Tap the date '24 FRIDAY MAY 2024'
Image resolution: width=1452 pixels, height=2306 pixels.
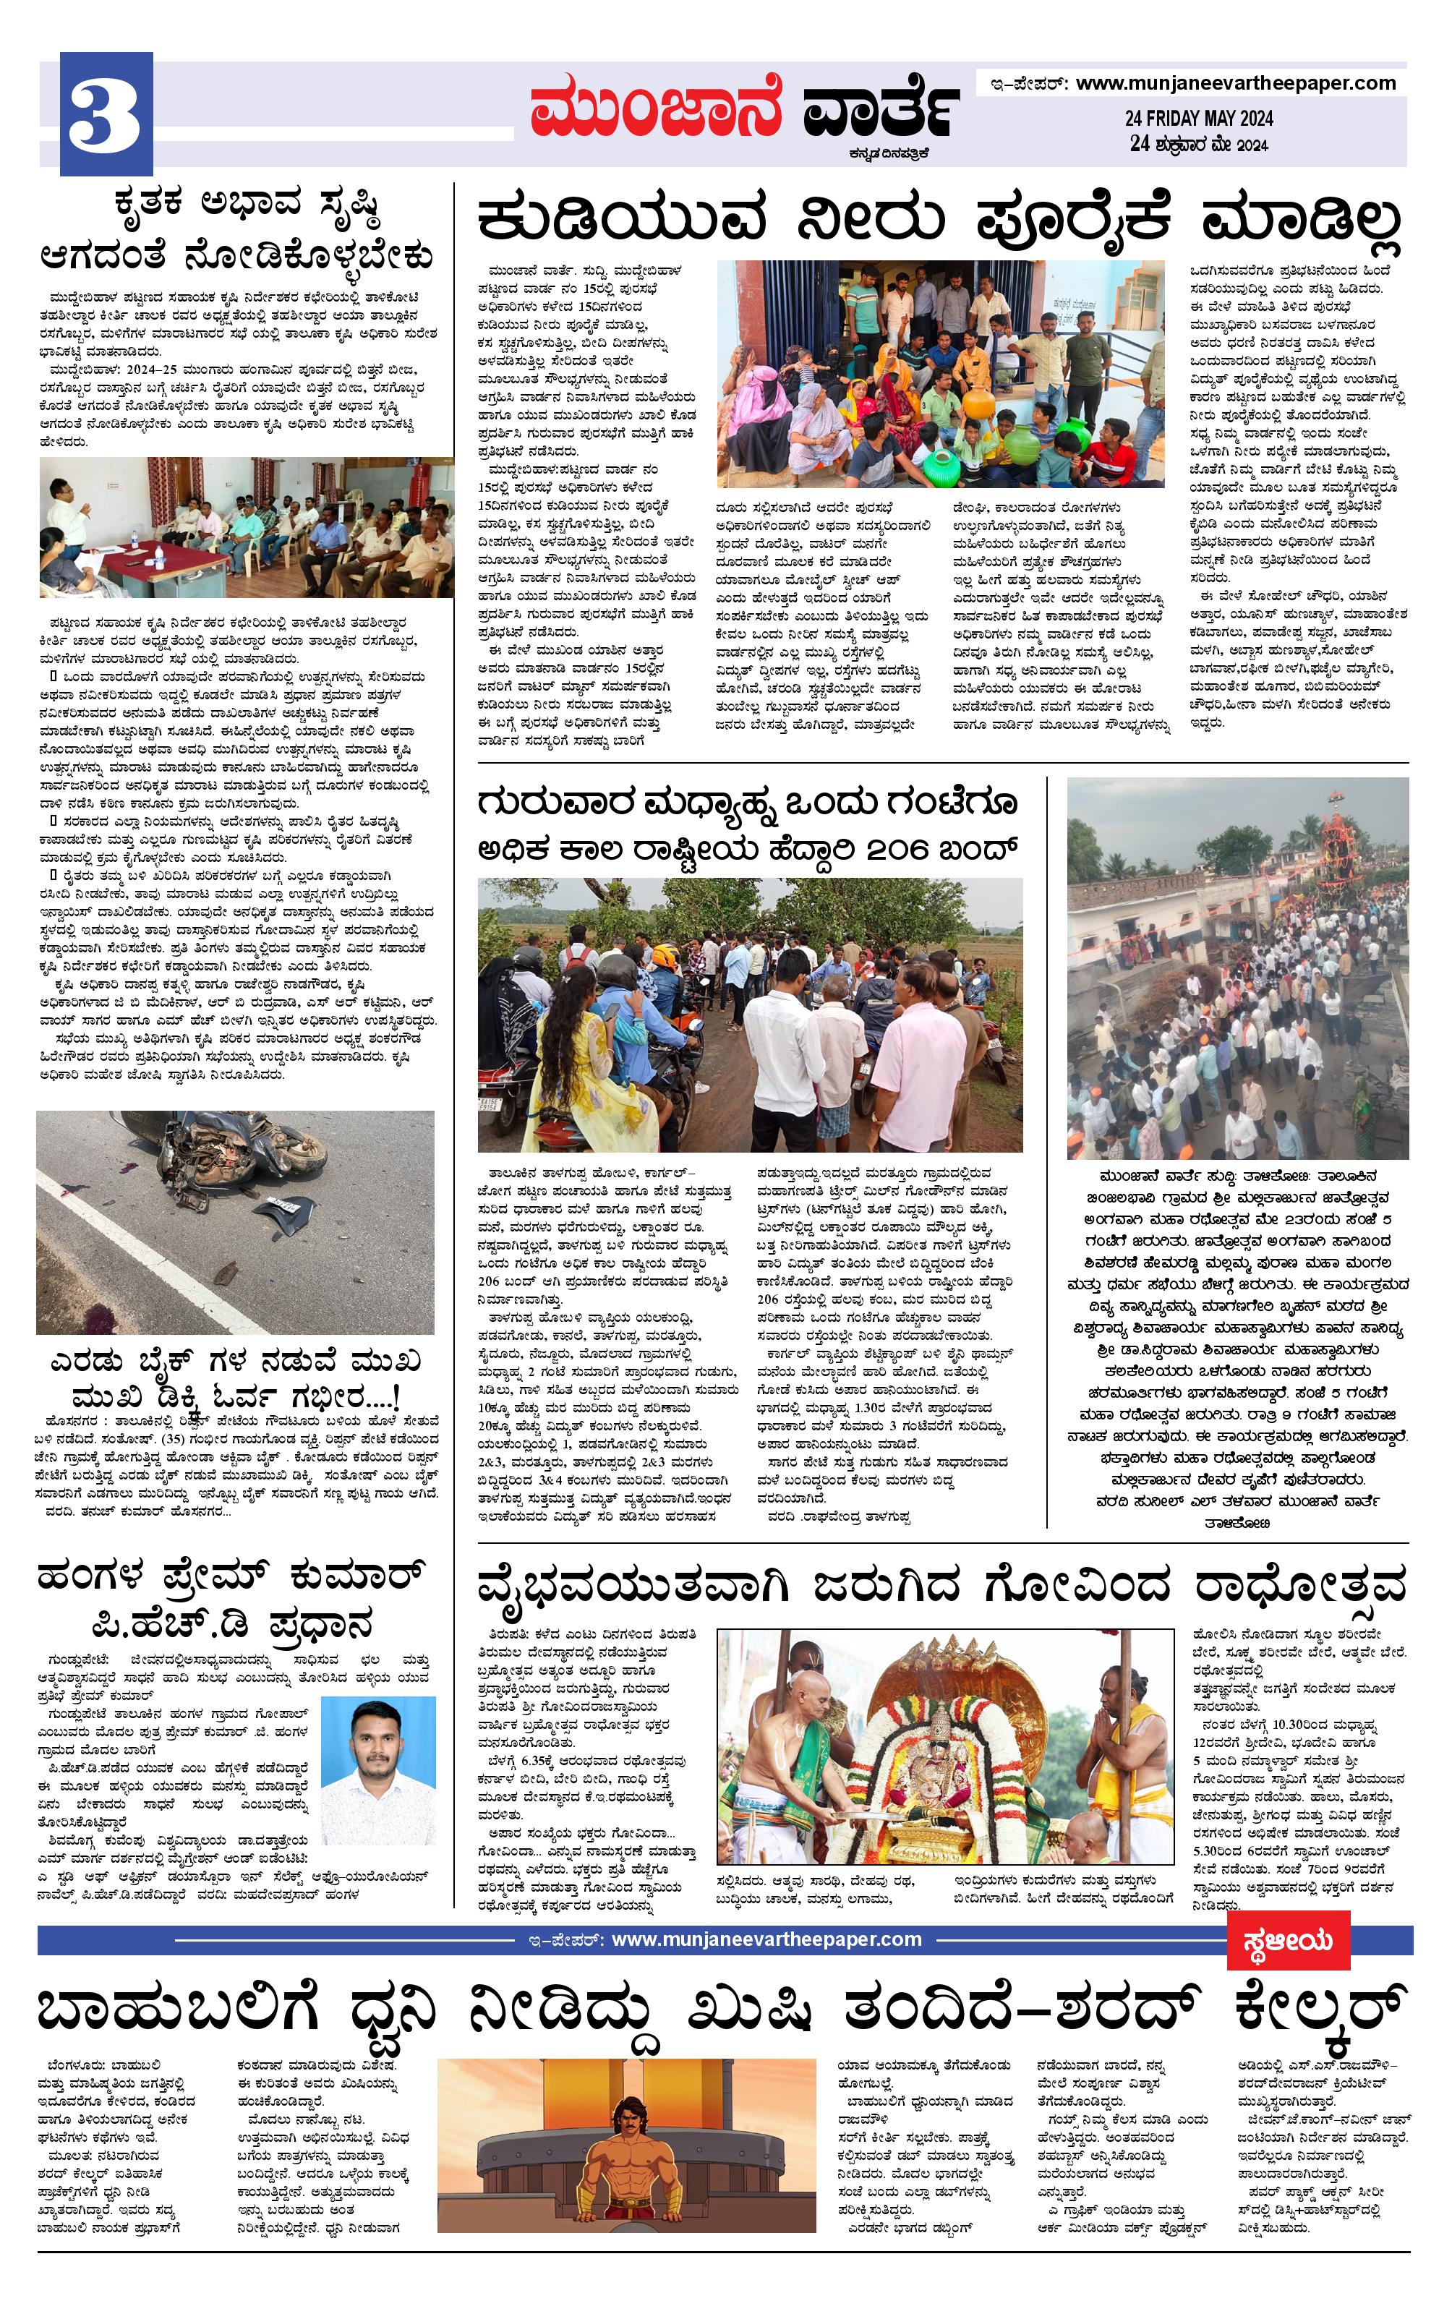[x=1198, y=118]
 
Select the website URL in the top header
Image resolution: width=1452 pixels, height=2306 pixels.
[x=1236, y=83]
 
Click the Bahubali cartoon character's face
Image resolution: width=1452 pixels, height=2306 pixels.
[x=628, y=2132]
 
